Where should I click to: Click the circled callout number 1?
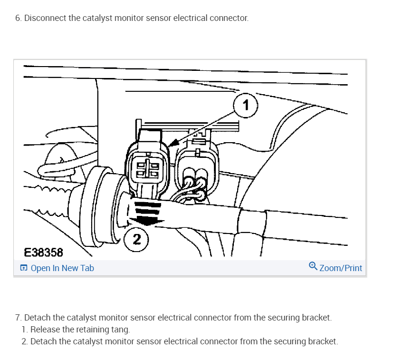point(245,105)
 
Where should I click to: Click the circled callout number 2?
point(136,239)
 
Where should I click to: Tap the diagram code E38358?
point(43,252)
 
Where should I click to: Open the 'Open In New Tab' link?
point(62,268)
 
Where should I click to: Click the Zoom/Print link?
point(341,268)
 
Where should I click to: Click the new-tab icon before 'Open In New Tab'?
point(24,268)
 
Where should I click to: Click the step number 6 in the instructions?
point(18,18)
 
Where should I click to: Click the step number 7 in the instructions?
point(18,318)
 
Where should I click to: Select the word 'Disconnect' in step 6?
point(45,18)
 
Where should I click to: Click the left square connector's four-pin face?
point(148,168)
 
